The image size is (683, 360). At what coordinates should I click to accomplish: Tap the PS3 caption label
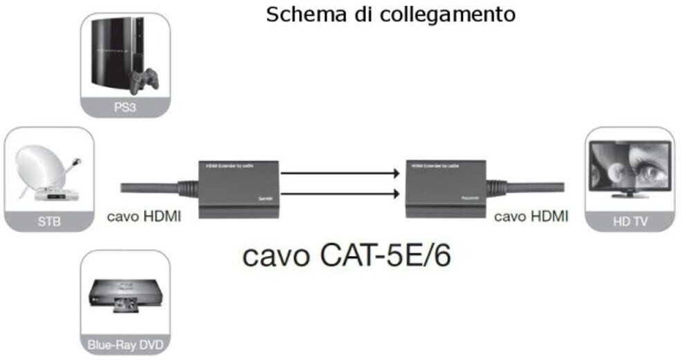(x=125, y=107)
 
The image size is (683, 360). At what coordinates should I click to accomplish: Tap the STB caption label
(x=48, y=223)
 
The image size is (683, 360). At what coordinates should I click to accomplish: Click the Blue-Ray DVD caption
(x=125, y=343)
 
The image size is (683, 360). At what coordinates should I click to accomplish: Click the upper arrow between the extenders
(x=341, y=174)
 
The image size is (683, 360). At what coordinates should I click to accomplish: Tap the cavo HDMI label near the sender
(x=144, y=217)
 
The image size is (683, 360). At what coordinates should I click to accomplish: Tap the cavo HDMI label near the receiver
(x=531, y=217)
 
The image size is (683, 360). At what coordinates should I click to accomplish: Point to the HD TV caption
(x=628, y=223)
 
